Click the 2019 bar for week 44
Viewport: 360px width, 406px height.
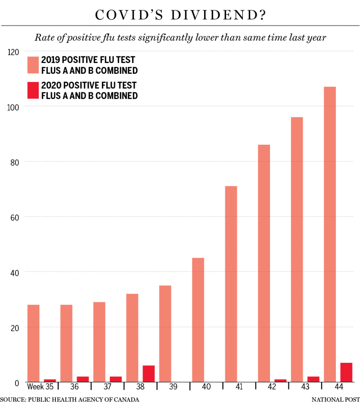330,234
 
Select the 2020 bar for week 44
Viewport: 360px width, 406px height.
346,372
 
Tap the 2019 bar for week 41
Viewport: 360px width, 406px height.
231,284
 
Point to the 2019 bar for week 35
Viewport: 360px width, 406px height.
33,343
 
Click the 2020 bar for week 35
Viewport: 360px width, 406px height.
50,381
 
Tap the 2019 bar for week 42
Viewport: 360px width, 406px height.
264,263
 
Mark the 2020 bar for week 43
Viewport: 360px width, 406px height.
313,379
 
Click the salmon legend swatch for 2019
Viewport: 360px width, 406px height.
33,65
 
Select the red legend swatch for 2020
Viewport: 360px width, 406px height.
33,90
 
